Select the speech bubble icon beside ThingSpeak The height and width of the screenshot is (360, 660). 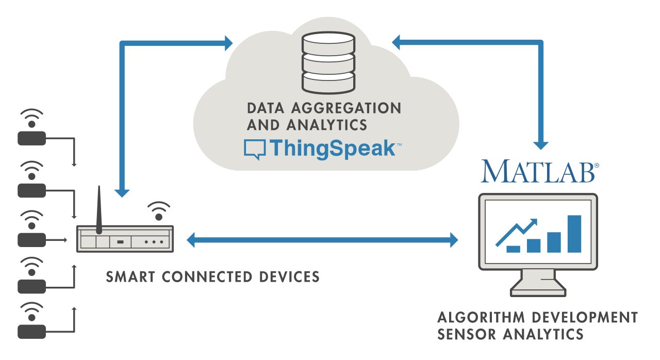(x=255, y=149)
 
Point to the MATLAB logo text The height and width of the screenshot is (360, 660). (x=539, y=171)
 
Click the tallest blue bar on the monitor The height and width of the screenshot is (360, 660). (x=574, y=234)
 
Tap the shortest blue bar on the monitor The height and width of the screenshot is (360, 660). (x=513, y=249)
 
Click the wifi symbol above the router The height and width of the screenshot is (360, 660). (x=159, y=209)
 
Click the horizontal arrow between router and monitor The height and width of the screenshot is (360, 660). (x=322, y=239)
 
